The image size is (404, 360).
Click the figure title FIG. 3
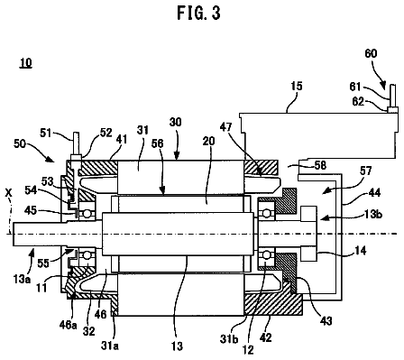coord(198,14)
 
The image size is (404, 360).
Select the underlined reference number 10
coord(26,63)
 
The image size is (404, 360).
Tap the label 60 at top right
coord(371,53)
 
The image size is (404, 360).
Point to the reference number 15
coord(297,87)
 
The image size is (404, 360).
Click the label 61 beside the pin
coord(355,87)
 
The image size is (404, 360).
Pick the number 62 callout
coord(358,102)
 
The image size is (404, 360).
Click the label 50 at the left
coord(20,143)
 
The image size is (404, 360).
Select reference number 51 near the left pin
coord(46,133)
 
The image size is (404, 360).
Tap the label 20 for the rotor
coord(208,141)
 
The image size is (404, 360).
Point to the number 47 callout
coord(225,127)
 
